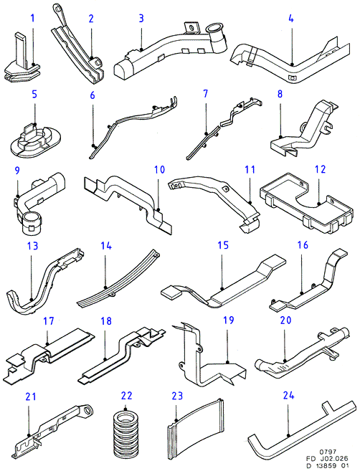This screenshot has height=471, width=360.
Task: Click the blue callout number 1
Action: click(32, 19)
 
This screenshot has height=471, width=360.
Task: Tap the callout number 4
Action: click(291, 19)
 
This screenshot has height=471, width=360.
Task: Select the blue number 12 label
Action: click(321, 169)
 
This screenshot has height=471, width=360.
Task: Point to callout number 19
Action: click(229, 320)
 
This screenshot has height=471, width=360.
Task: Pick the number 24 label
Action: click(288, 396)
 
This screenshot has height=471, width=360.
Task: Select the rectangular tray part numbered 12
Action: click(305, 201)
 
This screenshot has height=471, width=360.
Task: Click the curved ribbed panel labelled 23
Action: click(195, 426)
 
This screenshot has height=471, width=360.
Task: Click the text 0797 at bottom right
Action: click(328, 452)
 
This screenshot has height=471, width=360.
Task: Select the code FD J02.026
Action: click(326, 458)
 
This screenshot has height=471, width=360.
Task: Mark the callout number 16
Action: click(303, 244)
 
